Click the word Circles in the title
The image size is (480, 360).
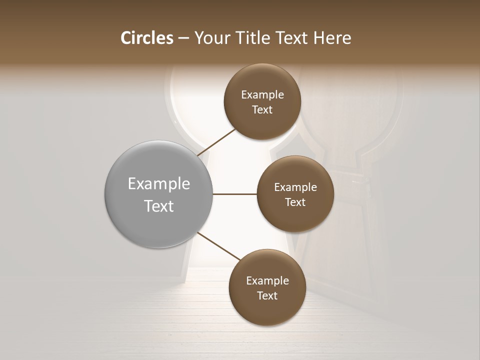coord(146,38)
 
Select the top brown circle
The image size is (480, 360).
coord(262,122)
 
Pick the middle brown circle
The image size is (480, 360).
coord(295,217)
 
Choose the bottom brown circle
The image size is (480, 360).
coord(267,310)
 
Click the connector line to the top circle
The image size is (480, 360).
coord(216,141)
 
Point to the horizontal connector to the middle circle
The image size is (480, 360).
coord(234,194)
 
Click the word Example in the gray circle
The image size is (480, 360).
coord(158,184)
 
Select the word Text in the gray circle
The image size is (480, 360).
coord(158,206)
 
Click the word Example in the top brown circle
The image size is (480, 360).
coord(262,95)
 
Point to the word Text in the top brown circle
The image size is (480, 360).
coord(262,110)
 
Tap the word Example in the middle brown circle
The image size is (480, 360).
coord(295,187)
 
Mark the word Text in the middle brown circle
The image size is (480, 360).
coord(295,202)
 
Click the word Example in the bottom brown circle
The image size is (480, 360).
coord(267,281)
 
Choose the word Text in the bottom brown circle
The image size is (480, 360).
coord(267,296)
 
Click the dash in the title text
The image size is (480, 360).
coord(183,38)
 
